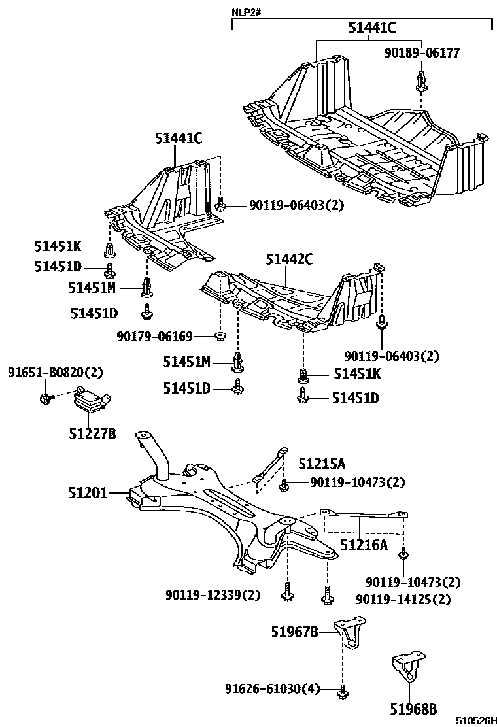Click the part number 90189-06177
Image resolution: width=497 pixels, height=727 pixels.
pos(422,53)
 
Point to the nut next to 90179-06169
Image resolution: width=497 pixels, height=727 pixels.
pos(220,337)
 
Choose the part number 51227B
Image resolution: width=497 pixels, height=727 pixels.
pos(92,433)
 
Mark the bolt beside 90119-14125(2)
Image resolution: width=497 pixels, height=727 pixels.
pos(327,597)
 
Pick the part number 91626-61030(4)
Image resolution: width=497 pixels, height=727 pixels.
pos(273,689)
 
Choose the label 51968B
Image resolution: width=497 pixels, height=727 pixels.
pos(413,708)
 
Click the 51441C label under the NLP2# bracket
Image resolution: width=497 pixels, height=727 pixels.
pos(371,27)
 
